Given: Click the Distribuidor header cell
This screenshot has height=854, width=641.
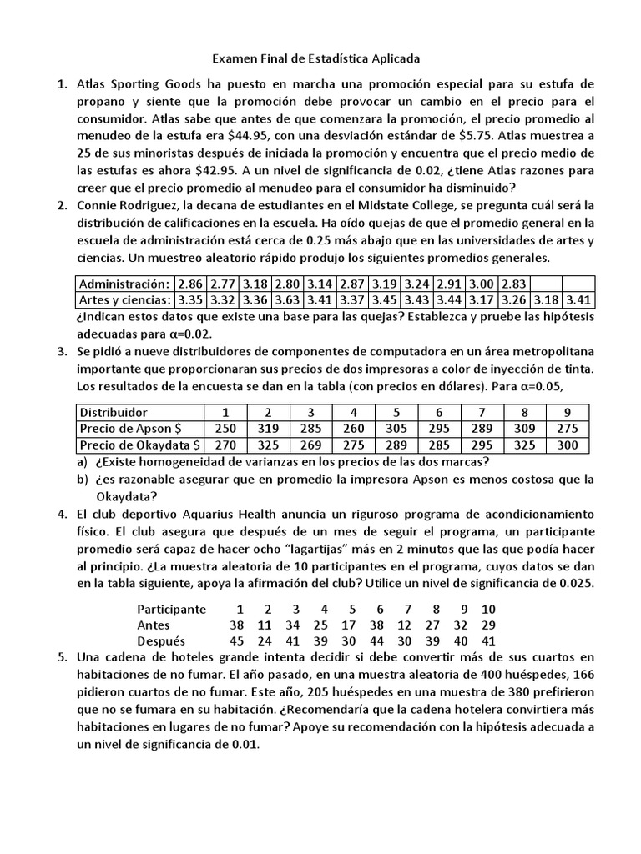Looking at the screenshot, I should pos(114,412).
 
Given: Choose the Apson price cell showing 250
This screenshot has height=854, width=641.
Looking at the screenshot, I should pos(224,429).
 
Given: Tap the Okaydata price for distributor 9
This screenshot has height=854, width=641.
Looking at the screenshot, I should pos(568,445).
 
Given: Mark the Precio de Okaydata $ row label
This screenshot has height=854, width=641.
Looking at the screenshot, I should pos(139,445).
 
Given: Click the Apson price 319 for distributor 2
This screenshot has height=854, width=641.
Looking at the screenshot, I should pos(267,429).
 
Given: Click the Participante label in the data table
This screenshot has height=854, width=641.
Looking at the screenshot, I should pos(171,609).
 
